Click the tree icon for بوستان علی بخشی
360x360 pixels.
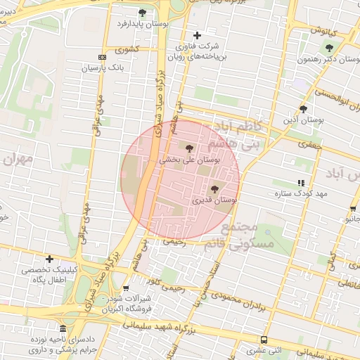(x=189, y=148)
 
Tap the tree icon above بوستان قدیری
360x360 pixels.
(x=214, y=188)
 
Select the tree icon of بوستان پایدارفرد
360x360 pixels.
(x=143, y=13)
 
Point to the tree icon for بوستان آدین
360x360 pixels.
(x=303, y=109)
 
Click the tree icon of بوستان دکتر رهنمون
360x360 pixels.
(x=329, y=48)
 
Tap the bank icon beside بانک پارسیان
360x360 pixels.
(x=103, y=57)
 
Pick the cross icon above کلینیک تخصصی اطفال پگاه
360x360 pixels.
(x=49, y=259)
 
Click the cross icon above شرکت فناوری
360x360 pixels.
(x=197, y=35)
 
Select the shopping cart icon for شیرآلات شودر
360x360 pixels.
(x=125, y=287)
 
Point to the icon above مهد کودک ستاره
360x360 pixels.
(x=302, y=183)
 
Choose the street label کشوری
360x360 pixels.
(x=127, y=50)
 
